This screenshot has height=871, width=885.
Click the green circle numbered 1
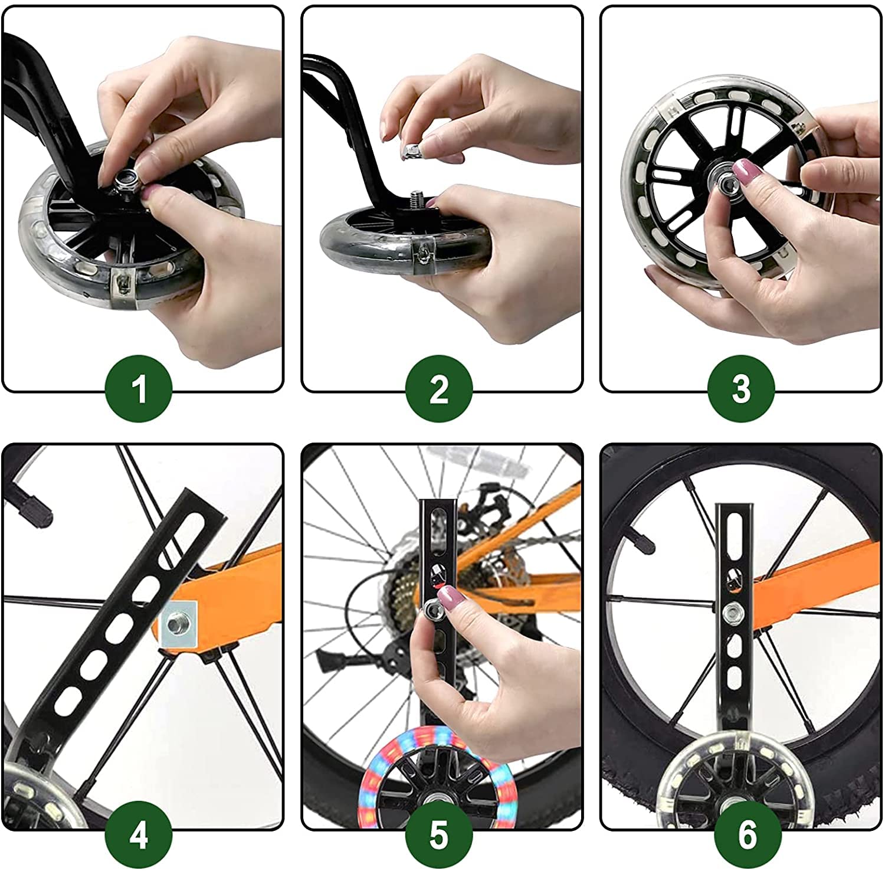pyautogui.click(x=139, y=389)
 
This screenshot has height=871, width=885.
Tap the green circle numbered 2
pyautogui.click(x=439, y=389)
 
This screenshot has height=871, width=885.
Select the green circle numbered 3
pyautogui.click(x=741, y=389)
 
